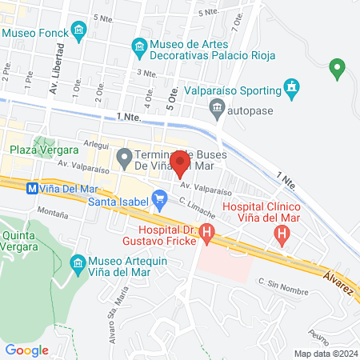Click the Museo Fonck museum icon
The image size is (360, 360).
click(78, 32)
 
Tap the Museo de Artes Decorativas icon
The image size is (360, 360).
click(140, 47)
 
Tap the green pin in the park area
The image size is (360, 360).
click(337, 70)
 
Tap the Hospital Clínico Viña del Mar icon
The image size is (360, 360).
click(282, 235)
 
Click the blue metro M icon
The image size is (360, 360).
click(31, 189)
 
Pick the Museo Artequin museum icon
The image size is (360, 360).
click(78, 262)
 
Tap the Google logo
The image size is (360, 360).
click(27, 350)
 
